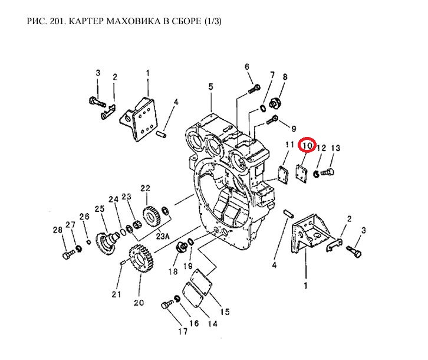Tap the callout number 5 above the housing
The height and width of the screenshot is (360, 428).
point(210,87)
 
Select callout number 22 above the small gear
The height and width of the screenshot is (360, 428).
point(145,188)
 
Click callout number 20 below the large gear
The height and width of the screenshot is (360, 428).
point(139,303)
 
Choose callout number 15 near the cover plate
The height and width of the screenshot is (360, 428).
point(225,312)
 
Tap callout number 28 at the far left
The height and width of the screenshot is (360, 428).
point(57,230)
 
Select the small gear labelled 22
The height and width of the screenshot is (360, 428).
point(152,215)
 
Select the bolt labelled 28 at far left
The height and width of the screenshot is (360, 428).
point(65,254)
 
